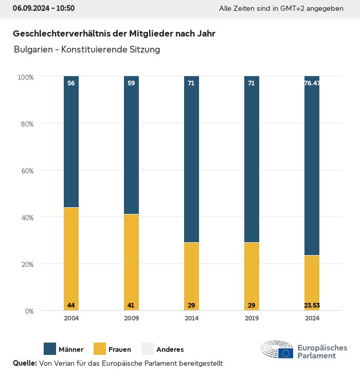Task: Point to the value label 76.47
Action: [312, 83]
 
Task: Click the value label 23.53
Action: [312, 306]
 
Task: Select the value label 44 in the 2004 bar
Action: [71, 306]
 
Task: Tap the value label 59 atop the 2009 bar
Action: [131, 83]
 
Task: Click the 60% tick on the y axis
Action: [26, 171]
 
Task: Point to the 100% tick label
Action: [26, 77]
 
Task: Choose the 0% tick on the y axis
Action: [29, 311]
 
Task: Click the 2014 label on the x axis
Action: [191, 318]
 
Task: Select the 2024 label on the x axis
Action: [312, 318]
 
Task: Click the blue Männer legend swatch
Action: [50, 349]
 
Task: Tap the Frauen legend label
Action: [119, 350]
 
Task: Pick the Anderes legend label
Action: [170, 350]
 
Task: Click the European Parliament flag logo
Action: [285, 353]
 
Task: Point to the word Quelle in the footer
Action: [25, 363]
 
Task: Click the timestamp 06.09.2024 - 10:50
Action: [44, 8]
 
